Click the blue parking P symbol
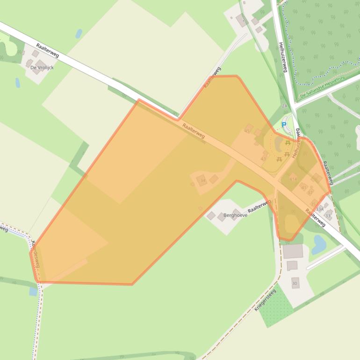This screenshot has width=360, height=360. coord(283,125)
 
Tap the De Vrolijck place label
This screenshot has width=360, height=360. coord(42,68)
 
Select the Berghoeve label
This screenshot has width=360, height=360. coord(235,216)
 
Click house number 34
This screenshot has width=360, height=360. coord(202,180)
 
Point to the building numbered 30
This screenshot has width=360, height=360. coord(295,283)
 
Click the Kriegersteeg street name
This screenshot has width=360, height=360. coord(265,300)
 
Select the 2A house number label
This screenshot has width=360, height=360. coord(284,106)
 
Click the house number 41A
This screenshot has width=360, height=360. coord(293,179)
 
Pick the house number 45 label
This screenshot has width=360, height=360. coord(247,130)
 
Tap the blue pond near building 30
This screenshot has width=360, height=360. coord(320,243)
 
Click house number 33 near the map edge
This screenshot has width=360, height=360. coord(328,216)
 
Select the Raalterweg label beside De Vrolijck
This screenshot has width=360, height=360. coord(47,50)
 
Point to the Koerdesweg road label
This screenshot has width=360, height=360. coord(36,254)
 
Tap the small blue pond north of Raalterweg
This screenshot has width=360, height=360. coord(79,33)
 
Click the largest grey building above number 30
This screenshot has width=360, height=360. coord(293,252)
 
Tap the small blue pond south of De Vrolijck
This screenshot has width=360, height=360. coord(18,83)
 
